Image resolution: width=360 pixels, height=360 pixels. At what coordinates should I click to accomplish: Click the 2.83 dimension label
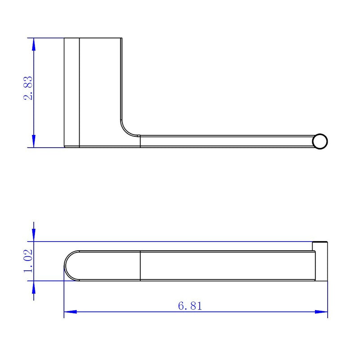coord(28,88)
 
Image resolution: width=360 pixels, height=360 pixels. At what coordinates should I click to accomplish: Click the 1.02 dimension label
coord(28,261)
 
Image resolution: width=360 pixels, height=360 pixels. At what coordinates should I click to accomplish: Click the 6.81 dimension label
coord(190,306)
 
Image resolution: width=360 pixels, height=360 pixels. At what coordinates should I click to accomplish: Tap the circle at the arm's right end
coord(320,141)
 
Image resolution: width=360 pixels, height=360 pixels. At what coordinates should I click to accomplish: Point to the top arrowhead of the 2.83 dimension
coord(34,44)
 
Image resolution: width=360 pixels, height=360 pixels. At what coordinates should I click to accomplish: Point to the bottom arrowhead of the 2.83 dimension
coord(34,141)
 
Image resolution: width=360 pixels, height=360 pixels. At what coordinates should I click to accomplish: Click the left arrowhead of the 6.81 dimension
coord(70,312)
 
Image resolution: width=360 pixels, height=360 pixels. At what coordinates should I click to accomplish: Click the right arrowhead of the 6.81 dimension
coord(321,312)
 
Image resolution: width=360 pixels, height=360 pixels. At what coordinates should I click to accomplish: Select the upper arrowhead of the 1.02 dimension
coord(34,235)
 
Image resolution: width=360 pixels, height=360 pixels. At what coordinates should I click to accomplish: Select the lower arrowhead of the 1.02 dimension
coord(34,287)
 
